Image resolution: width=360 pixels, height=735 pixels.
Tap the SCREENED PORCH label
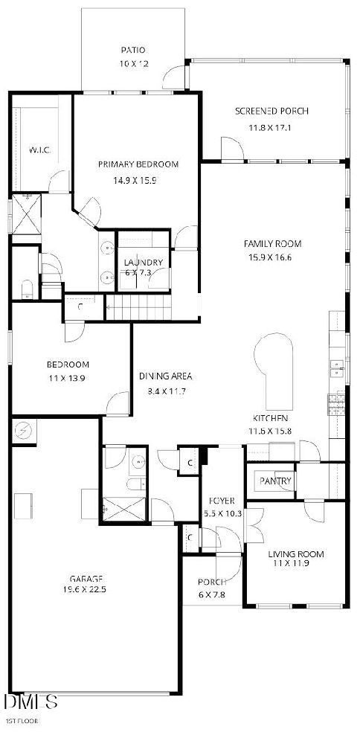point(271,112)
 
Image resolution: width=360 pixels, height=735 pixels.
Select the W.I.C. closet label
point(39,150)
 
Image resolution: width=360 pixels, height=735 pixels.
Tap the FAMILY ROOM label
point(273,243)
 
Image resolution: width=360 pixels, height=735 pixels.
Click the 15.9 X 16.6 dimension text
point(273,257)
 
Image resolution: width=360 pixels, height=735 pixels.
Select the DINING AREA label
point(167,376)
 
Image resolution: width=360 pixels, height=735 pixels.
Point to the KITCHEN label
point(269,418)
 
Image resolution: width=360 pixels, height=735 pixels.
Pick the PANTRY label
point(275,481)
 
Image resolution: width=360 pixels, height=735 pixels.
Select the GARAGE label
point(86,578)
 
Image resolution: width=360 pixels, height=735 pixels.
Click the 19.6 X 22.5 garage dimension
point(86,592)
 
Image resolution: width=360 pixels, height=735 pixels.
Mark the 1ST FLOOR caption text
point(22,722)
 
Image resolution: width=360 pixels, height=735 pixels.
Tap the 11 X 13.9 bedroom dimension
point(68,379)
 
